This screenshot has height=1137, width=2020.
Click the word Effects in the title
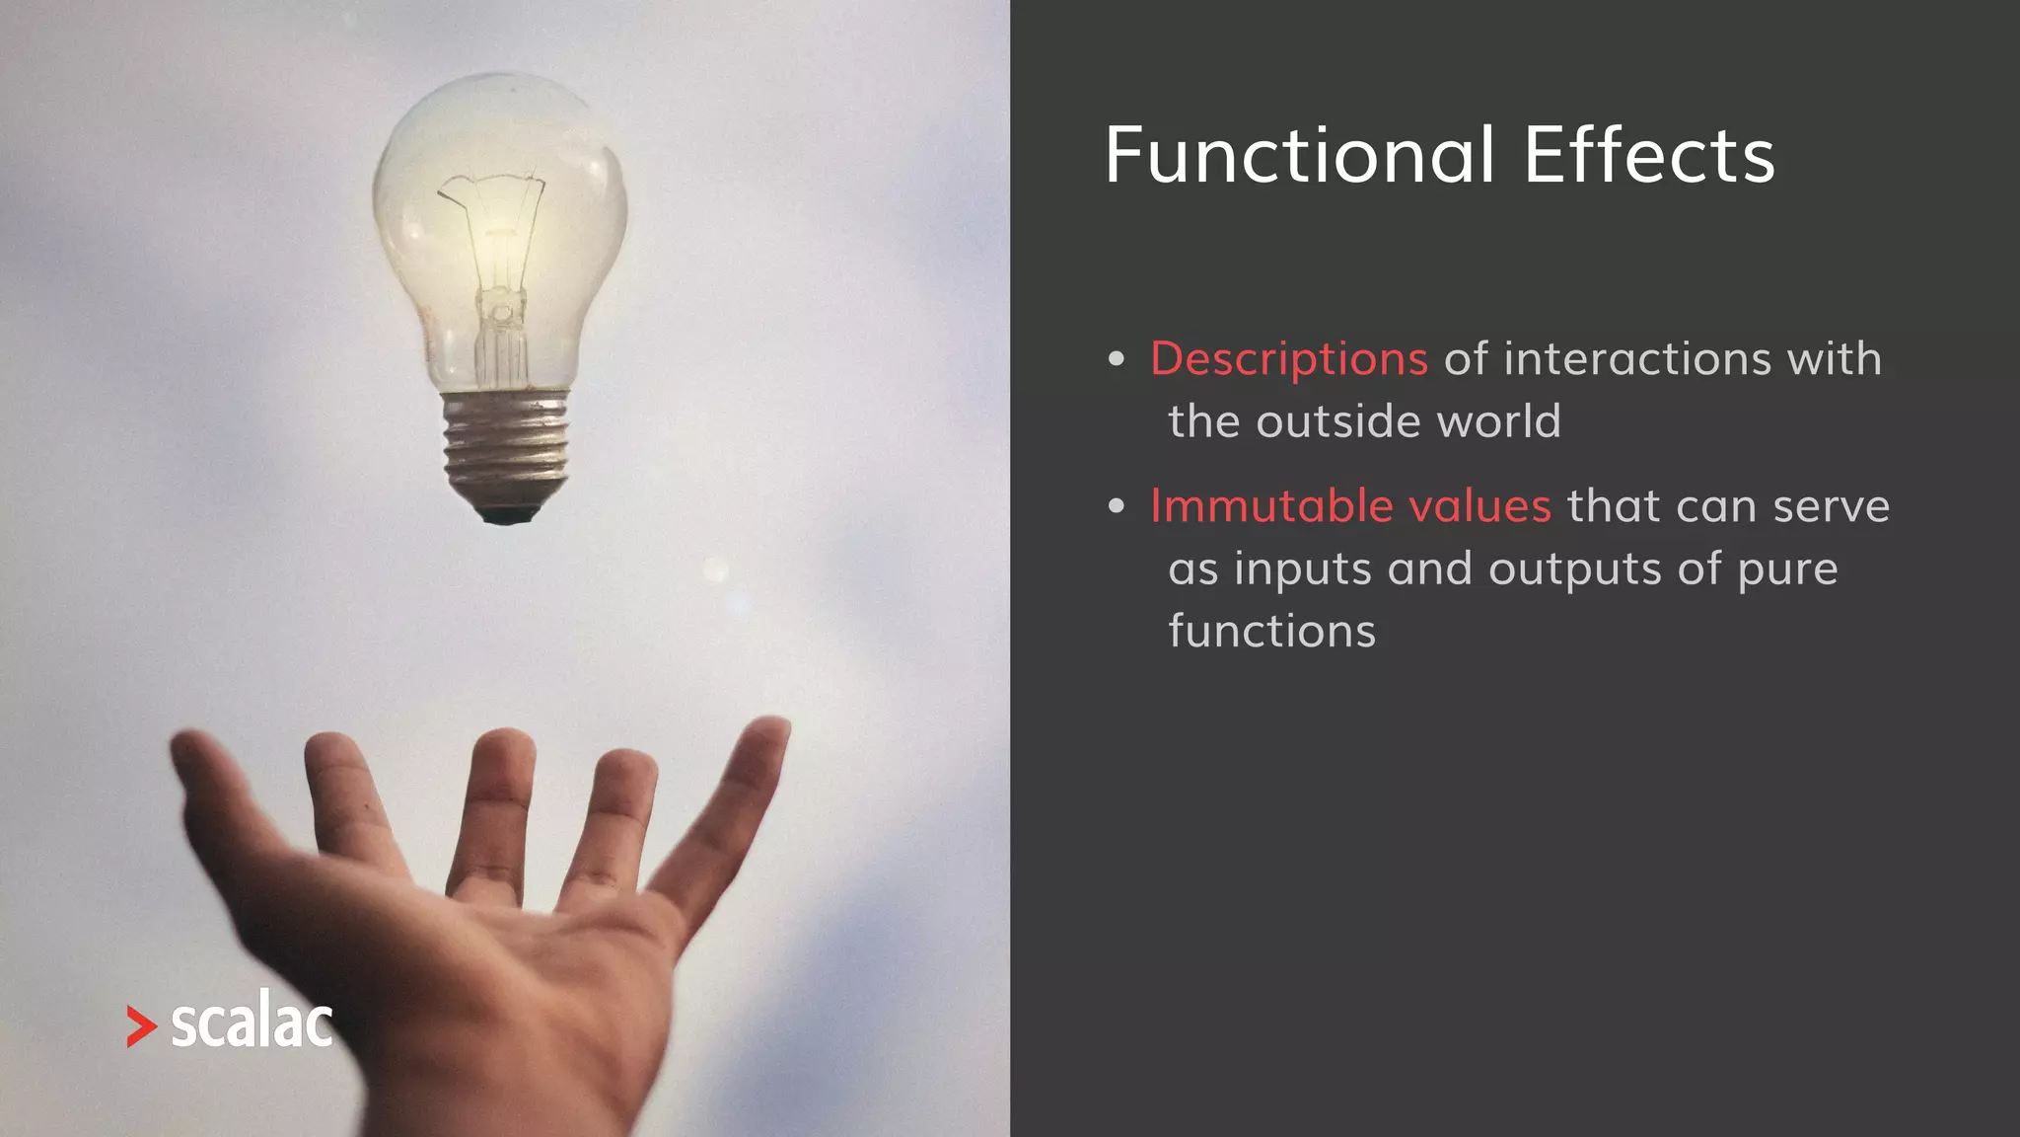click(1648, 156)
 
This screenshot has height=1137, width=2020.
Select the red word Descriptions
click(1288, 359)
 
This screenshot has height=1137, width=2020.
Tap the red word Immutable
click(1271, 506)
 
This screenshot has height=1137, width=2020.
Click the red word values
click(1479, 506)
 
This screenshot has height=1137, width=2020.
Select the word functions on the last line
click(1271, 632)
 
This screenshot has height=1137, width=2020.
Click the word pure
click(1787, 570)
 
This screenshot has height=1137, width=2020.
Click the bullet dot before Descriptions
click(1116, 359)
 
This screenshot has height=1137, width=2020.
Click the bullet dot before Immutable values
click(1116, 507)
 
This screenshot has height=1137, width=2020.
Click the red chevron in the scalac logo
click(141, 1026)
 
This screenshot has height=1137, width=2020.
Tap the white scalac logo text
click(252, 1023)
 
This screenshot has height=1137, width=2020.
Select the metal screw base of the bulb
click(506, 444)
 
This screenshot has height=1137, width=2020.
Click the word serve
click(1831, 506)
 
